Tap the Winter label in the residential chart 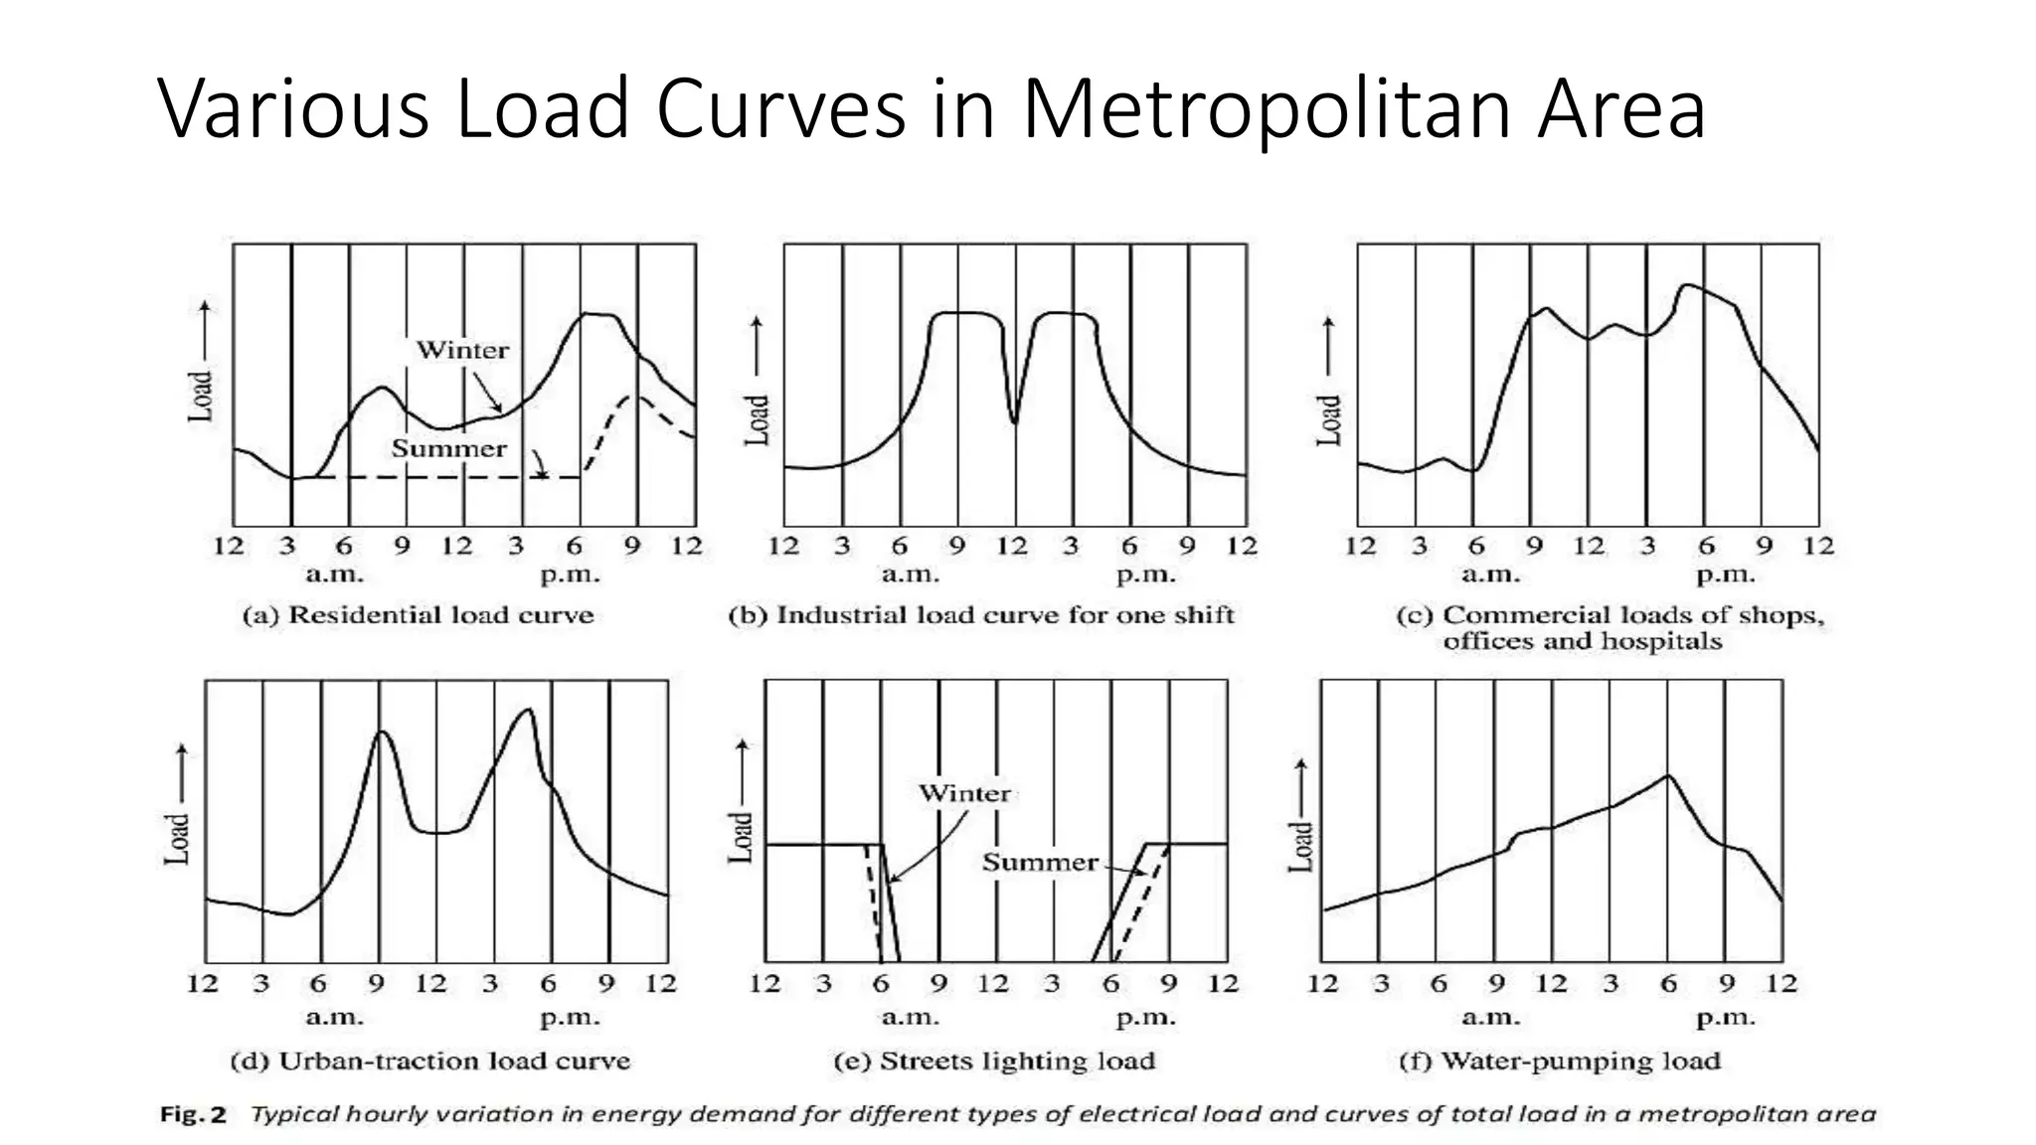tap(462, 350)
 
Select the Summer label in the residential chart tap(448, 448)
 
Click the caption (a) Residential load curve tap(418, 615)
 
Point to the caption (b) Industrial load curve tap(980, 615)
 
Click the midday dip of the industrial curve tap(1015, 421)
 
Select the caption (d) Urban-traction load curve tap(429, 1061)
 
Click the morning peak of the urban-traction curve tap(381, 733)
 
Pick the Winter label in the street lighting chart tap(963, 793)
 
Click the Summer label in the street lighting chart tap(1040, 862)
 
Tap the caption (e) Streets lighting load tap(994, 1061)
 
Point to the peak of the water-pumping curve tap(1667, 776)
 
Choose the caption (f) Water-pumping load tap(1559, 1061)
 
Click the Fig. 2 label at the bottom tap(193, 1114)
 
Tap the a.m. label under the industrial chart tap(910, 574)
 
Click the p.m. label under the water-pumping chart tap(1725, 1018)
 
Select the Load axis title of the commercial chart tap(1327, 419)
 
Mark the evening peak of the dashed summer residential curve tap(633, 398)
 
